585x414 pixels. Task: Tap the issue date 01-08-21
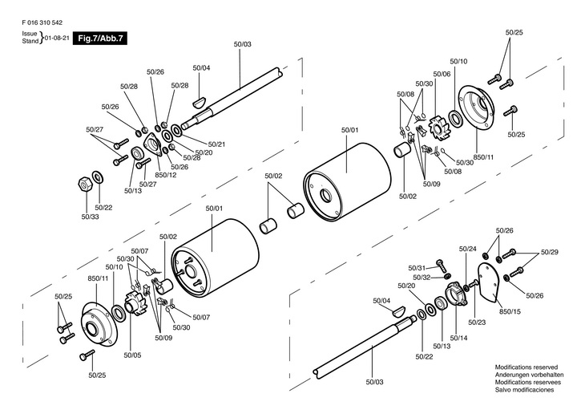(55, 38)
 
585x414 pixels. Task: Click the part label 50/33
(90, 216)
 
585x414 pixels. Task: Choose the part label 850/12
(165, 175)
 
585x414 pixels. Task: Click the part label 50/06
(442, 74)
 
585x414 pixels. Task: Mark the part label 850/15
(510, 310)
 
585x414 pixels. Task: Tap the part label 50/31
(416, 267)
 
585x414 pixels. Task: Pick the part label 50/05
(132, 354)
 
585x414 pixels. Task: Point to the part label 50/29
(550, 253)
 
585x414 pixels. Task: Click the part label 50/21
(216, 144)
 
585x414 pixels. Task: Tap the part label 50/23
(477, 322)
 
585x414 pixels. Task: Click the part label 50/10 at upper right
(458, 62)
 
